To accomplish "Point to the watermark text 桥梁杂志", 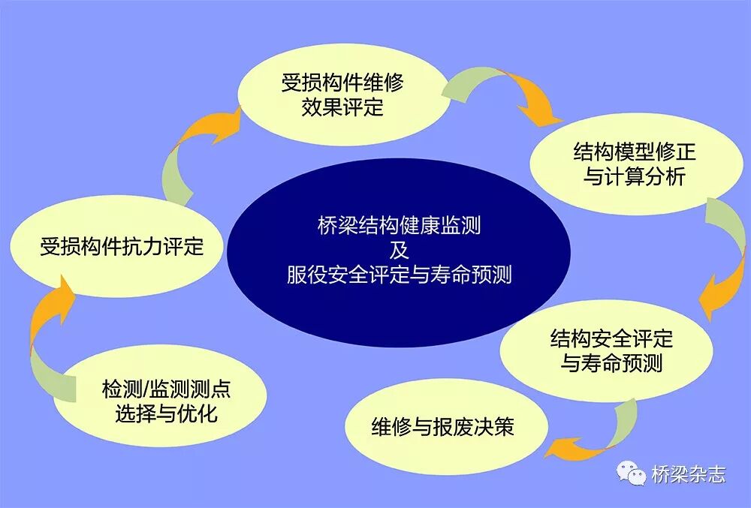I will coord(689,474).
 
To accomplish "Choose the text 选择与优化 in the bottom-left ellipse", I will coord(166,413).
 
